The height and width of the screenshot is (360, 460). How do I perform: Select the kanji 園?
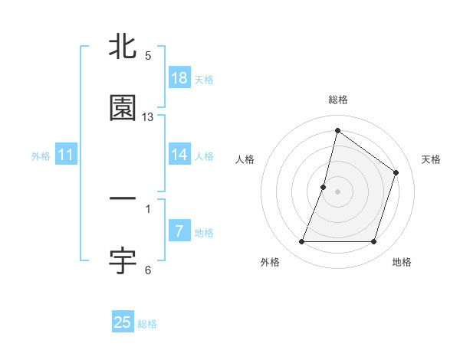[123, 108]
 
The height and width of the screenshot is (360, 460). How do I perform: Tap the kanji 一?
[123, 199]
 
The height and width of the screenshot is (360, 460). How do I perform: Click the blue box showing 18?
[179, 77]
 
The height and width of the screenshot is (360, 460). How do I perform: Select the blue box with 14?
[179, 155]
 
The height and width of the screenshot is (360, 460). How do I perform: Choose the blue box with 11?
[66, 155]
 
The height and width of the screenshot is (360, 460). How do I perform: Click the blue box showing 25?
[123, 322]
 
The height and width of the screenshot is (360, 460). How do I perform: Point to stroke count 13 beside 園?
[149, 117]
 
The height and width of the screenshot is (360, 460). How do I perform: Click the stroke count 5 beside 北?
[148, 56]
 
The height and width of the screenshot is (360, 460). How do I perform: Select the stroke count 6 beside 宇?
[148, 270]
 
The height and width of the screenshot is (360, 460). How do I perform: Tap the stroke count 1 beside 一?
[148, 208]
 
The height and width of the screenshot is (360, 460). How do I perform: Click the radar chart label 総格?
[338, 100]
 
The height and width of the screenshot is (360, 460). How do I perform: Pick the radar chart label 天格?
[431, 159]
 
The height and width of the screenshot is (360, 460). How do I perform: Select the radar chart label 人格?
[245, 159]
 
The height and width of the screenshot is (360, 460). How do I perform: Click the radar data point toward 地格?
[374, 242]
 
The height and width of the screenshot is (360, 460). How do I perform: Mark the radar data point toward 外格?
[301, 242]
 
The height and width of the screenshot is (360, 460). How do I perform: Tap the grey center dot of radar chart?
[338, 191]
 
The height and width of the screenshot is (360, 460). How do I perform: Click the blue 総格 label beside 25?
[147, 324]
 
